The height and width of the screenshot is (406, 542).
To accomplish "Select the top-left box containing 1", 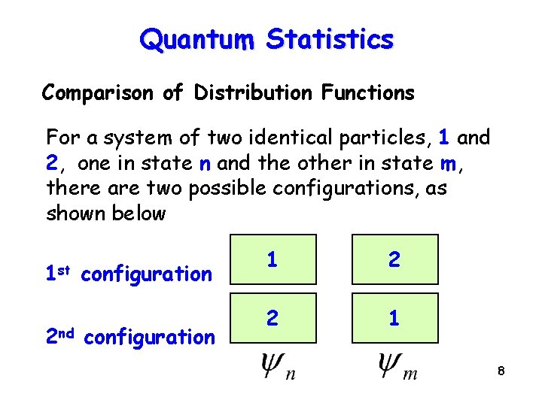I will (x=272, y=259).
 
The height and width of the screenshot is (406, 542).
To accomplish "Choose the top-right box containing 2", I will (x=394, y=259).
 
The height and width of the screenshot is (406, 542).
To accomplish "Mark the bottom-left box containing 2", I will (x=272, y=318).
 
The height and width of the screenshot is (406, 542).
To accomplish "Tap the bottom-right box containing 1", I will (x=394, y=318).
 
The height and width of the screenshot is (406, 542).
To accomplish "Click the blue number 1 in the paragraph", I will (x=444, y=138).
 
